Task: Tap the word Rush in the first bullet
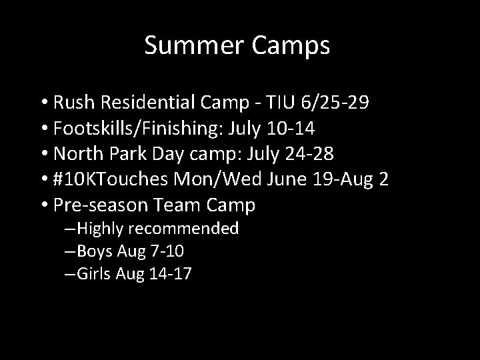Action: click(74, 104)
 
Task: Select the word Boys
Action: click(96, 251)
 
